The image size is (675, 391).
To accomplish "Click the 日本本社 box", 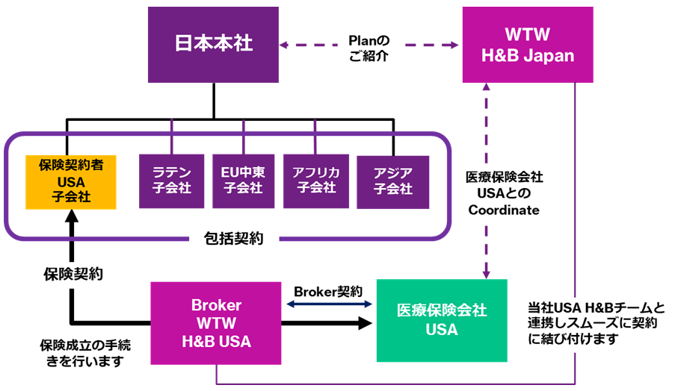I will (x=214, y=44).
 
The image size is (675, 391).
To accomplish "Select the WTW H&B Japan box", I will (x=528, y=44).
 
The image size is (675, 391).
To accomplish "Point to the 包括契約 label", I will (x=232, y=240).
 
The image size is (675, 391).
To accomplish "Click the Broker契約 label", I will (x=329, y=290).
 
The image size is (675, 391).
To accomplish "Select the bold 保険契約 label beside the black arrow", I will (x=73, y=275).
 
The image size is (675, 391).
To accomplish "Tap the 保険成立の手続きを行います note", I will (x=80, y=353).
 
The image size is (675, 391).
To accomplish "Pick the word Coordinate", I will (x=504, y=210).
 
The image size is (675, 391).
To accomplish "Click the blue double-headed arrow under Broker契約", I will (x=330, y=304).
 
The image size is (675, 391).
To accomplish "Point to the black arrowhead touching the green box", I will (x=365, y=323).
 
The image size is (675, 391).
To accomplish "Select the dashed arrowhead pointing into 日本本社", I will (x=285, y=44).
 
